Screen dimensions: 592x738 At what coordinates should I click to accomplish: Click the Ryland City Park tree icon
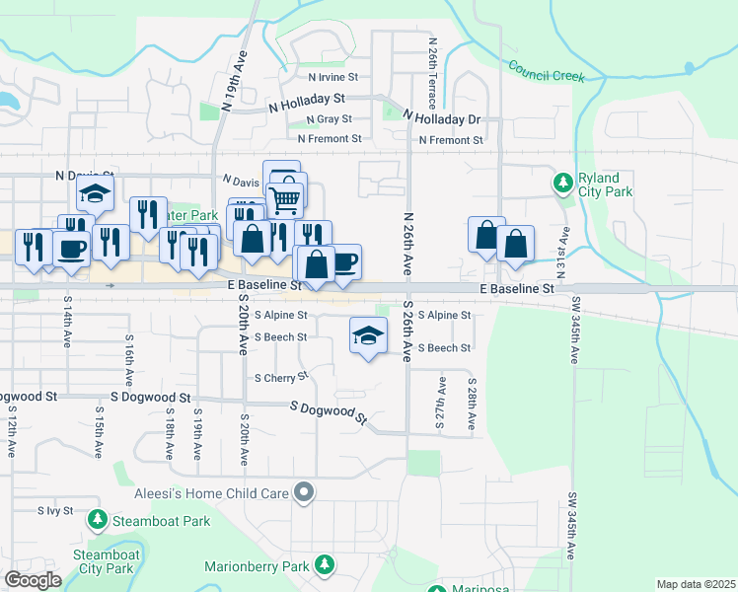[x=562, y=182]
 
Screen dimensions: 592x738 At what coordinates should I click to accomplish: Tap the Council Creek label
[x=547, y=71]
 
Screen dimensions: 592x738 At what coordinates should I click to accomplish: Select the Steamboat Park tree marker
[x=98, y=519]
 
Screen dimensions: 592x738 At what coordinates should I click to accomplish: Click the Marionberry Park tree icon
[x=325, y=566]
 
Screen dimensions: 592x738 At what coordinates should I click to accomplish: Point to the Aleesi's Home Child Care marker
[x=305, y=490]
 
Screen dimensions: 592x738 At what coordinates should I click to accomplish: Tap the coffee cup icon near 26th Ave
[x=344, y=262]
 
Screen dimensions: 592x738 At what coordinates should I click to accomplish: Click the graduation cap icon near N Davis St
[x=96, y=193]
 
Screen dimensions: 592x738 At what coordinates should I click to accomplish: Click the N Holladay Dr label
[x=442, y=118]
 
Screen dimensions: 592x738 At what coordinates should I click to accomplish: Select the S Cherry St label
[x=281, y=377]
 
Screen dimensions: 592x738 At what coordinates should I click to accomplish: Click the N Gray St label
[x=329, y=119]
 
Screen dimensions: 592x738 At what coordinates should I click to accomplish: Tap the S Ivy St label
[x=55, y=511]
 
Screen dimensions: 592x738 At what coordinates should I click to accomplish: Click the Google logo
[x=33, y=580]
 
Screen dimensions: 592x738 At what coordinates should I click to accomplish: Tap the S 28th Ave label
[x=473, y=403]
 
